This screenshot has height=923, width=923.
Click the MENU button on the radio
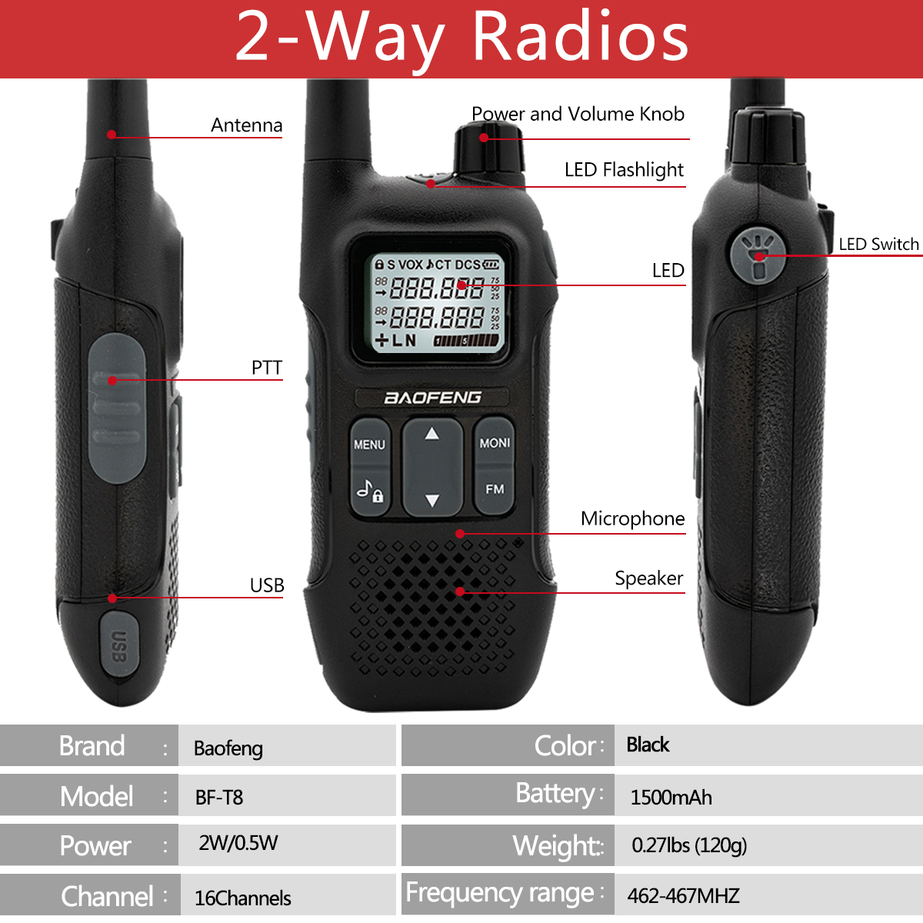(x=369, y=444)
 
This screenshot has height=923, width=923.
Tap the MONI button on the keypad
(x=495, y=442)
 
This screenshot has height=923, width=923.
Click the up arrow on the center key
(x=432, y=434)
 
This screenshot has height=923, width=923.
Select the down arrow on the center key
(x=432, y=501)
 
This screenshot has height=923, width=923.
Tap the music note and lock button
(x=370, y=491)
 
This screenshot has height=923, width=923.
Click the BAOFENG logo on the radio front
(x=432, y=398)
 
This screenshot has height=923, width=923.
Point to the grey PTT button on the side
(x=116, y=408)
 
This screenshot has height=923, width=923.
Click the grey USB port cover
(x=118, y=643)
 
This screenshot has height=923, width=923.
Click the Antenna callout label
(x=247, y=125)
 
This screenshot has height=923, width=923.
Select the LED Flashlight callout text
(x=624, y=170)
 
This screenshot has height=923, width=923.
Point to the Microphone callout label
(x=632, y=518)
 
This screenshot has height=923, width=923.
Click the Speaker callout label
(x=649, y=578)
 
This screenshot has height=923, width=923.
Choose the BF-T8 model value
(x=219, y=798)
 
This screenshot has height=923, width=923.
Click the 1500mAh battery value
(x=671, y=798)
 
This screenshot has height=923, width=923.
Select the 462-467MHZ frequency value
(x=684, y=896)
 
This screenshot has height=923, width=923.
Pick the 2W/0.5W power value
(x=238, y=843)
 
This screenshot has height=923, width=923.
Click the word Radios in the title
(x=581, y=38)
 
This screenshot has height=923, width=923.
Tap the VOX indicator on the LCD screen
(x=411, y=265)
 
